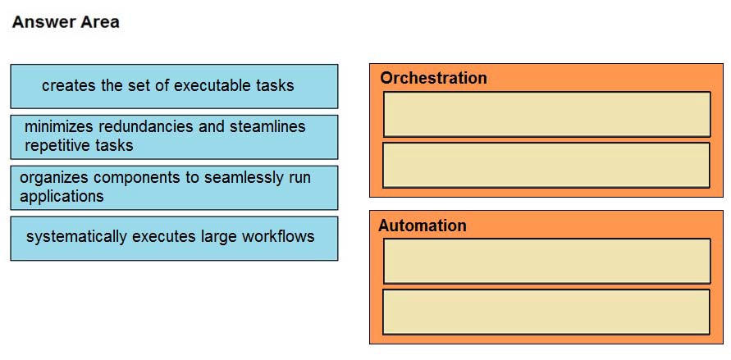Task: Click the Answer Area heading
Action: (x=66, y=22)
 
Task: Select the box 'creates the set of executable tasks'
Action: (x=174, y=86)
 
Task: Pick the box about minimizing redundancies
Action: (x=174, y=137)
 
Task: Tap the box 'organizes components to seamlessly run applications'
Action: (x=174, y=188)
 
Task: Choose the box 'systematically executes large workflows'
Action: (x=174, y=239)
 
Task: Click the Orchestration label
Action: (x=433, y=78)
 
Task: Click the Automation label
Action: (x=423, y=226)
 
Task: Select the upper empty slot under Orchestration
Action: (x=547, y=114)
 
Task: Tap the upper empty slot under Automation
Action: (x=547, y=261)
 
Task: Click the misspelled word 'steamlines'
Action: (x=267, y=126)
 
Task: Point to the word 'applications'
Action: (x=62, y=196)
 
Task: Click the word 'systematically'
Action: (x=77, y=237)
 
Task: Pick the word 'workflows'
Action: (x=278, y=237)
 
